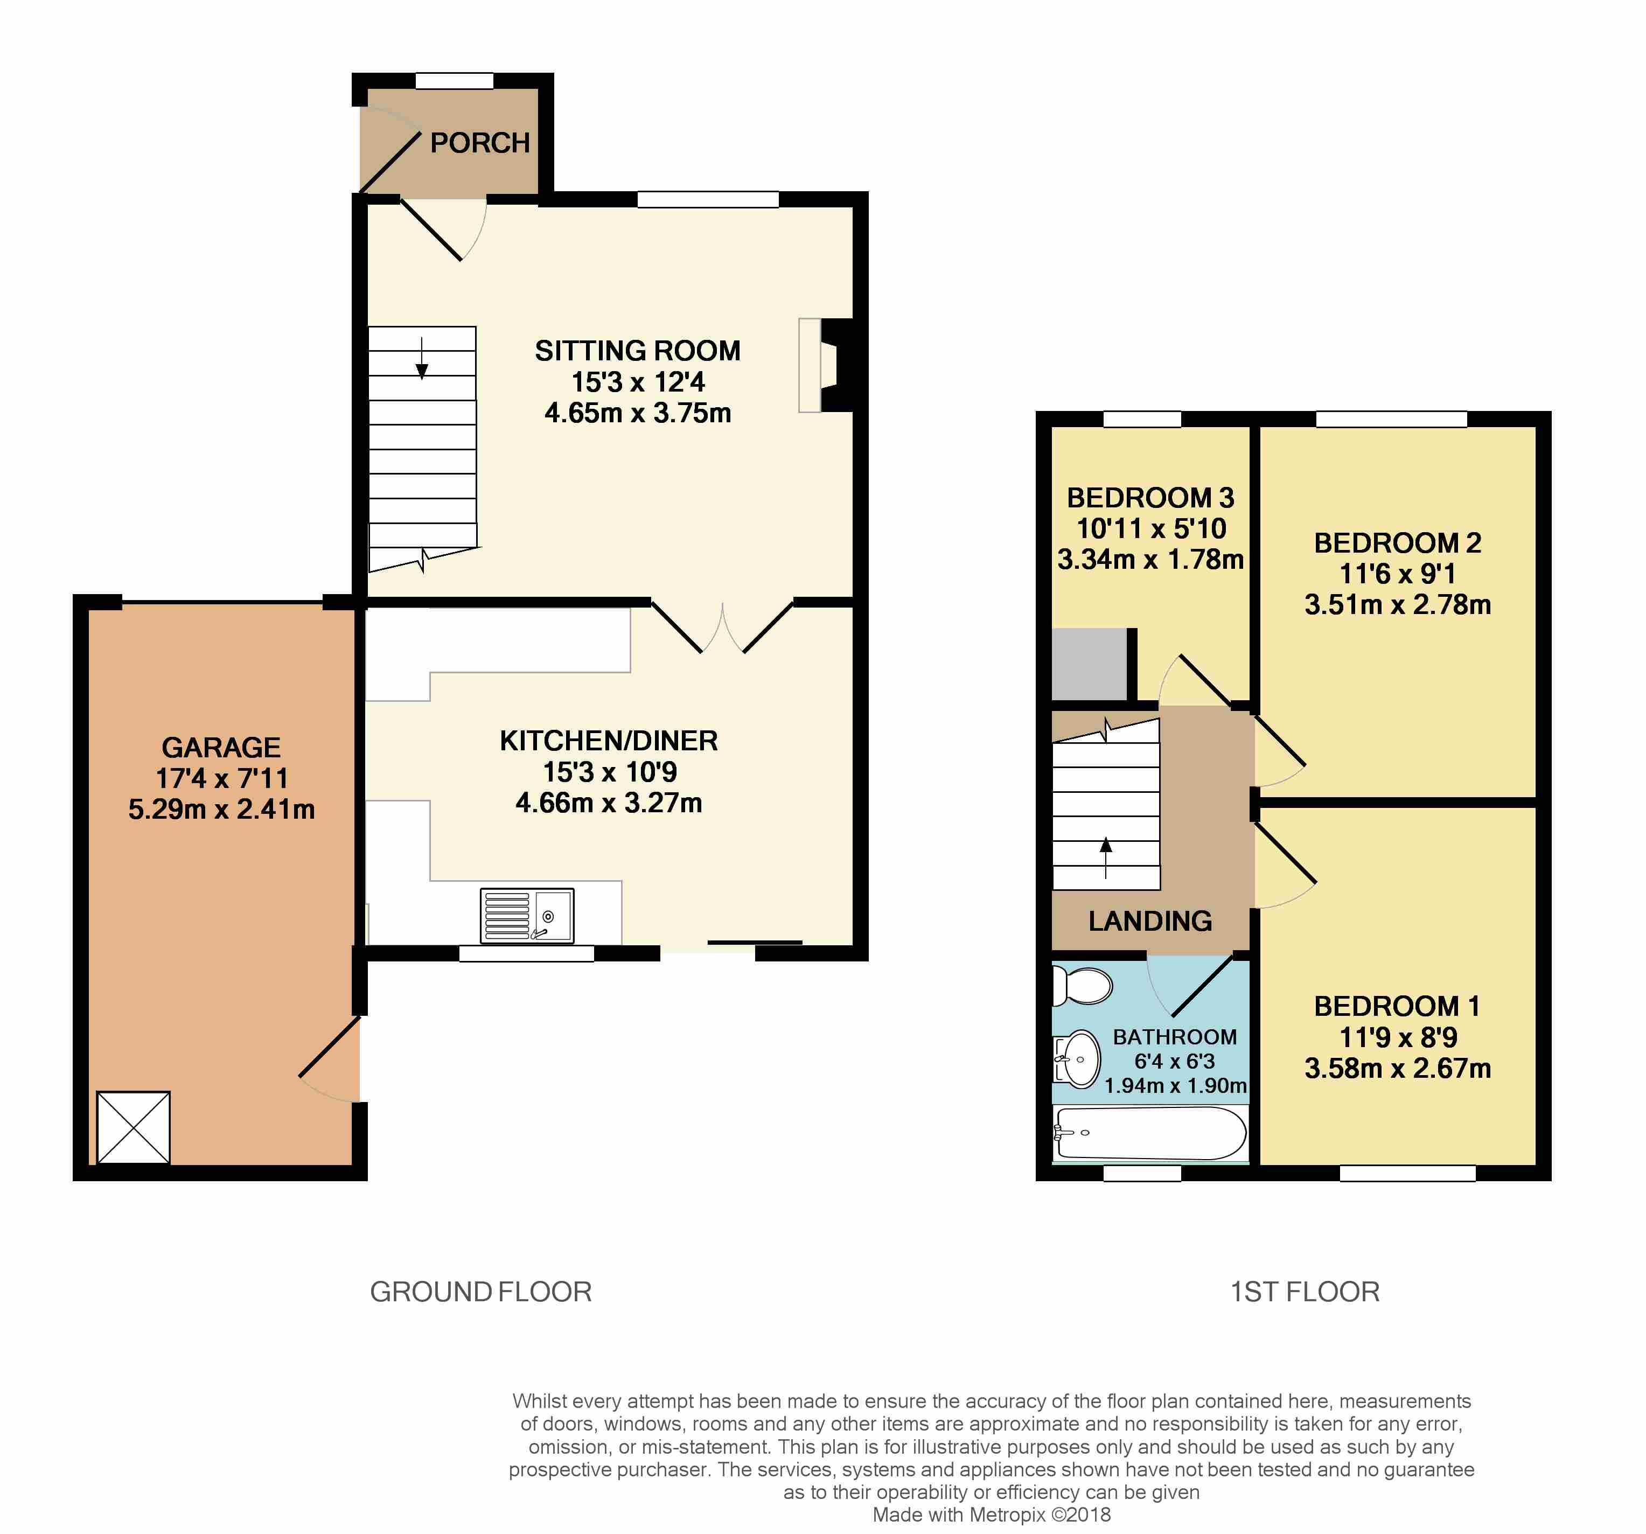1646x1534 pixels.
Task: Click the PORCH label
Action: (x=479, y=143)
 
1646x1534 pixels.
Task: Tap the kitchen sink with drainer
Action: (x=527, y=916)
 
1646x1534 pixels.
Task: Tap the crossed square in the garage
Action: (x=133, y=1127)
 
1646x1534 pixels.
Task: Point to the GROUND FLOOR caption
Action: (x=480, y=1292)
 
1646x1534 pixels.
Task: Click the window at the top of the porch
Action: (x=454, y=80)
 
